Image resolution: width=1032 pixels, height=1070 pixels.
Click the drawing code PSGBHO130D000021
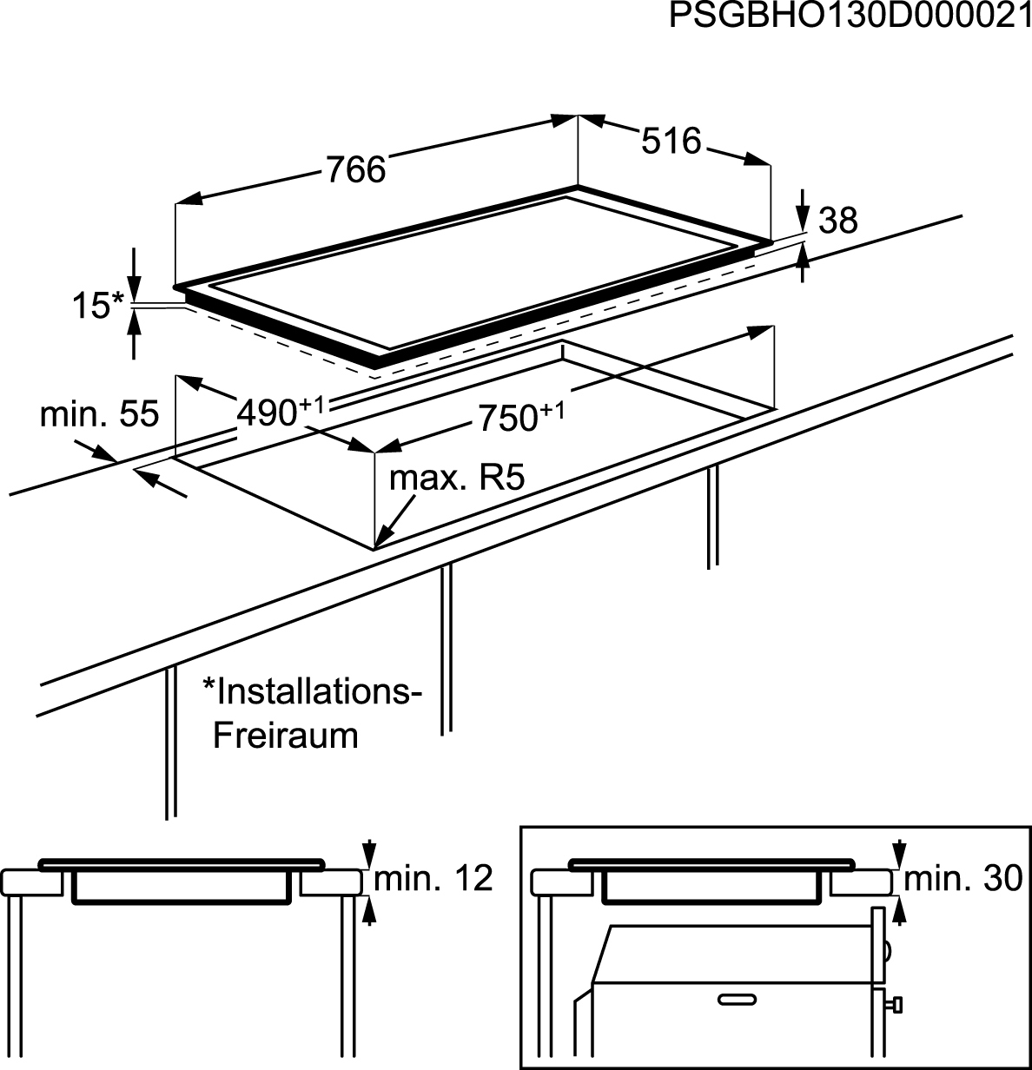pyautogui.click(x=850, y=17)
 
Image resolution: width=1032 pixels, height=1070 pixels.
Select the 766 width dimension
pyautogui.click(x=355, y=169)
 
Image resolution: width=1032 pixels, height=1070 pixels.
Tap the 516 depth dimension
pyautogui.click(x=671, y=141)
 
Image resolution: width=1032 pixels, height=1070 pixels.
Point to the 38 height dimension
pyautogui.click(x=838, y=221)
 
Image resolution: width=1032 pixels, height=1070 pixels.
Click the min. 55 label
pyautogui.click(x=100, y=415)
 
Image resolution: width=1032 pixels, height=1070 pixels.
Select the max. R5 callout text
pyautogui.click(x=457, y=478)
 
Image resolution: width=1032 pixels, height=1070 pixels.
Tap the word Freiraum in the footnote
pyautogui.click(x=286, y=736)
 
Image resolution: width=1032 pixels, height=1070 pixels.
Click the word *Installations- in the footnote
pyautogui.click(x=312, y=692)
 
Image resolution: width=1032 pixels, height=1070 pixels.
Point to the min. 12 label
pyautogui.click(x=433, y=879)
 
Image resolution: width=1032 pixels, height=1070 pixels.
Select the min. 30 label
pyautogui.click(x=963, y=879)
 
